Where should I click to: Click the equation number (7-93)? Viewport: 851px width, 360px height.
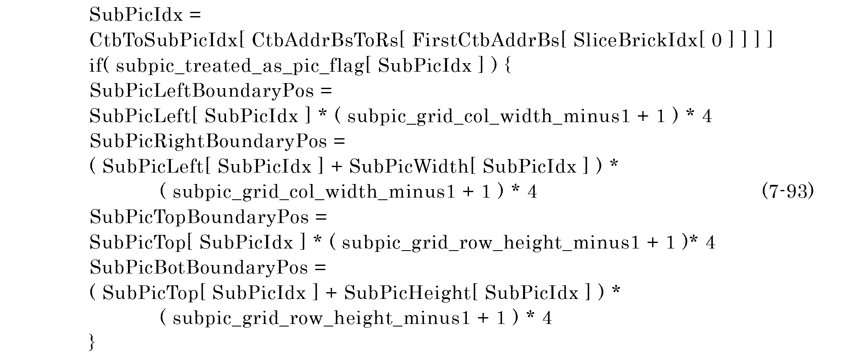(x=787, y=192)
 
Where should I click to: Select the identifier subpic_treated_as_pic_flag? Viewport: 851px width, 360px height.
(x=239, y=67)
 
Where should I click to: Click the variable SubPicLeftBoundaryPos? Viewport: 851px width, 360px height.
(x=202, y=91)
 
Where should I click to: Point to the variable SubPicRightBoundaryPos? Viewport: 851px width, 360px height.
(x=208, y=142)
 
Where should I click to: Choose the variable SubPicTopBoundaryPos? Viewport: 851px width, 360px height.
(x=199, y=218)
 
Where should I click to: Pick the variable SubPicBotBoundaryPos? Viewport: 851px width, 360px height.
(x=199, y=268)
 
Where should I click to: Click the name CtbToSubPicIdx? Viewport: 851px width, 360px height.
(x=163, y=41)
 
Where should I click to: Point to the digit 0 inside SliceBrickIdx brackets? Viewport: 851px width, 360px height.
(x=717, y=41)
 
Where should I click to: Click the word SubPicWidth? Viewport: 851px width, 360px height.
(x=409, y=167)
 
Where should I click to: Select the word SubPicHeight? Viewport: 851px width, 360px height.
(x=407, y=293)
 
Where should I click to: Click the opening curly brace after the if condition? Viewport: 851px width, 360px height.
(x=508, y=66)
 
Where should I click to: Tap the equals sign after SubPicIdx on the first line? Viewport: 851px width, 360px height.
(x=195, y=16)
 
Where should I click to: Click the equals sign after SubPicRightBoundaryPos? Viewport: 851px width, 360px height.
(x=339, y=142)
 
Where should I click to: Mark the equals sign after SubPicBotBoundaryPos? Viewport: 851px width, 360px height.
(x=320, y=268)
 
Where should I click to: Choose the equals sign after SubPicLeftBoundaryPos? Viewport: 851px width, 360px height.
(x=326, y=91)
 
